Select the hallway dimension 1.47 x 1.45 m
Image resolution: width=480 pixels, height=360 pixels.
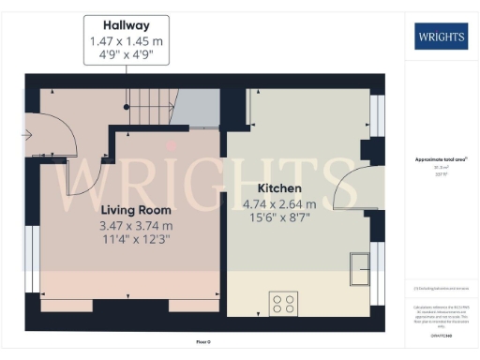pos(127,42)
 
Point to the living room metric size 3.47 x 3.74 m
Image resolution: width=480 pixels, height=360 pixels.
pos(135,226)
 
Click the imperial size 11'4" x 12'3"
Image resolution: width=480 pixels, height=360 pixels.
pos(135,240)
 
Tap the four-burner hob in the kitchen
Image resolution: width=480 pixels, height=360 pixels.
pos(284,303)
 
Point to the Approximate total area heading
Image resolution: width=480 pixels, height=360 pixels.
pos(439,160)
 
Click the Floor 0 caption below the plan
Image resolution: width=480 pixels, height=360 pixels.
pos(202,342)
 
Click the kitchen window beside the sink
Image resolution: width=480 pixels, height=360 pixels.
pos(377,267)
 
